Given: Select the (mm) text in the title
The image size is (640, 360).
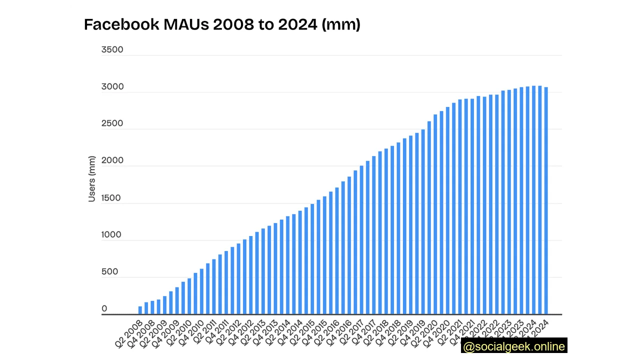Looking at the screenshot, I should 341,24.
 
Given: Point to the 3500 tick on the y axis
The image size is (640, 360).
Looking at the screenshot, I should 112,49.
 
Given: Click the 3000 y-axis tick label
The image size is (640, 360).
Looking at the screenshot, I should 112,86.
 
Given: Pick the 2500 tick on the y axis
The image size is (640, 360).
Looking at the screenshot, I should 112,123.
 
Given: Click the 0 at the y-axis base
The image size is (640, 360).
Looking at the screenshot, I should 104,308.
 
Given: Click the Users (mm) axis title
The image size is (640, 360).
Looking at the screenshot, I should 91,179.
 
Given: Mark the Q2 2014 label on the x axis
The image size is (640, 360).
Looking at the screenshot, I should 277,333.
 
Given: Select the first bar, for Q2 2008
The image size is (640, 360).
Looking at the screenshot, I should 140,310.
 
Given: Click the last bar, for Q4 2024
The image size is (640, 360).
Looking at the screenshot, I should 546,200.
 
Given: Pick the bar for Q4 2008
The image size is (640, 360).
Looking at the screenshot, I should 152,307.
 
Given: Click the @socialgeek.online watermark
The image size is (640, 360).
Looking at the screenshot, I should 514,346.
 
